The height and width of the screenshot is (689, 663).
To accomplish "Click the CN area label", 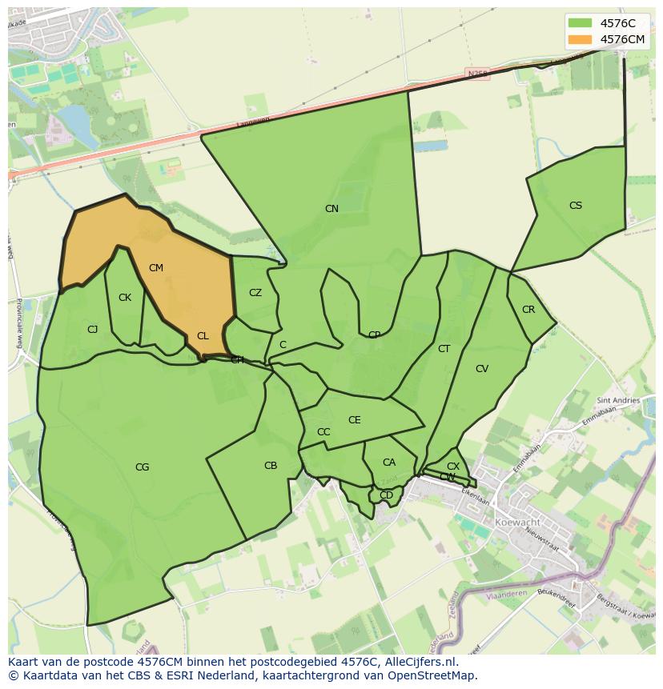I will click(331, 209).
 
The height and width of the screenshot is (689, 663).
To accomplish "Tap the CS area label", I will click(576, 206).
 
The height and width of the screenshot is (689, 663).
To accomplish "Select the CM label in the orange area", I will click(156, 268).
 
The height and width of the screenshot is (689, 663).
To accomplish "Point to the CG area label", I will click(142, 467).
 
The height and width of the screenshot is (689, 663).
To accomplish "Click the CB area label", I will click(271, 466).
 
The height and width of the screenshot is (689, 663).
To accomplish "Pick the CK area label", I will click(125, 298).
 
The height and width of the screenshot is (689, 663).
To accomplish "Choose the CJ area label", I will click(93, 330).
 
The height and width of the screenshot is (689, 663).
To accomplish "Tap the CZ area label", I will click(255, 293).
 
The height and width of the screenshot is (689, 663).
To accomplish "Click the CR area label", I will click(528, 310).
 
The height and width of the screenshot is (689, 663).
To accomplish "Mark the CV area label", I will click(482, 369).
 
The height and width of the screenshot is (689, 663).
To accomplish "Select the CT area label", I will click(444, 349).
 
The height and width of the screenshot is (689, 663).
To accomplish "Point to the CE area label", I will click(355, 420).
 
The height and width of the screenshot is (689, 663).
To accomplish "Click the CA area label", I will click(389, 463).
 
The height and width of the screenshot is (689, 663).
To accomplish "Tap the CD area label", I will click(387, 495).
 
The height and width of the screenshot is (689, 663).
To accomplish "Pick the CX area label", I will click(453, 467).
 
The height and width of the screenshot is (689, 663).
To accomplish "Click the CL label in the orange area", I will click(203, 336).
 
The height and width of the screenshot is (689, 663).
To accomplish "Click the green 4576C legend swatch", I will click(580, 23).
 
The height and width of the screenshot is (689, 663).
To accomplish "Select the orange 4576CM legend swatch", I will click(580, 39).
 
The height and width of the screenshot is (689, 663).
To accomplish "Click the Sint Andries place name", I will click(618, 400).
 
